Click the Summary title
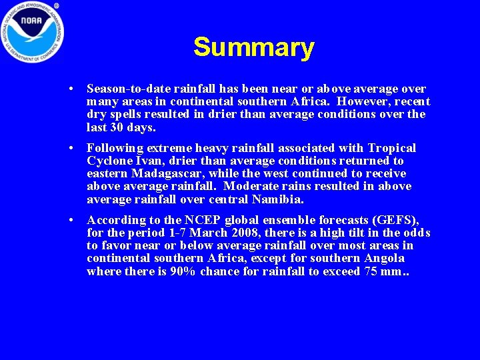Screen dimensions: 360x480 (x=253, y=48)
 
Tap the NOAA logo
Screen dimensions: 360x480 (x=31, y=29)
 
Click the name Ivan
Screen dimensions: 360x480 (x=145, y=161)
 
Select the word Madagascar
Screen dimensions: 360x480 (x=160, y=173)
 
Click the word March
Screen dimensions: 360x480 (x=203, y=233)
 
